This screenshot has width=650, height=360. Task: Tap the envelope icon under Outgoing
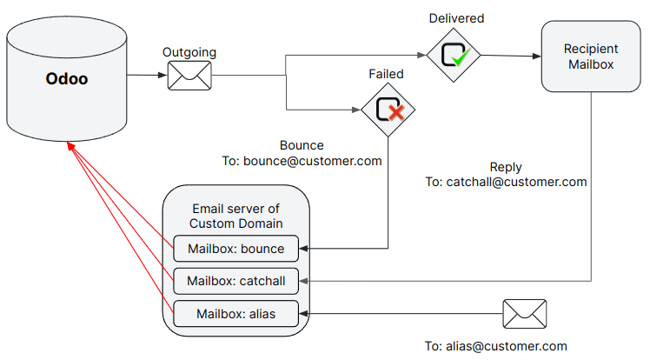point(189,76)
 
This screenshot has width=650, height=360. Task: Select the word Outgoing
point(189,52)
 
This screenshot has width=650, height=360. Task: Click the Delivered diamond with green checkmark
point(454,56)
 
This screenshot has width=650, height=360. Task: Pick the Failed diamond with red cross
point(388,110)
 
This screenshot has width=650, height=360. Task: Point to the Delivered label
point(456,18)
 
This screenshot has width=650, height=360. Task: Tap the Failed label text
point(386,74)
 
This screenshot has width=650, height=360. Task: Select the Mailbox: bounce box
point(235,249)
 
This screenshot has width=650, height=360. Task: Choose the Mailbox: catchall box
point(235,280)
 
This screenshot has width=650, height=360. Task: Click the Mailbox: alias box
point(235,313)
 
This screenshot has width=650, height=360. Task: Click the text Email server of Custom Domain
point(235,216)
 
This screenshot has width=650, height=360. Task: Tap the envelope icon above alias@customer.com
point(524,313)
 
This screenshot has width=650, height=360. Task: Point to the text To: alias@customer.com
point(496,345)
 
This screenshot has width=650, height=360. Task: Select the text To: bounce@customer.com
point(302,161)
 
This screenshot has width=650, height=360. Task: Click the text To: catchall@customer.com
point(506,182)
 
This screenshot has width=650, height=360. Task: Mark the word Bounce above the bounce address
point(302,145)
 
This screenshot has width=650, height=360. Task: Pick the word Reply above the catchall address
point(506,166)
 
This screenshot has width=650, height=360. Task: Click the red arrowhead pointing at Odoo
point(70,149)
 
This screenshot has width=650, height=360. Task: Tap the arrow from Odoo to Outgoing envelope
point(146,76)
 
